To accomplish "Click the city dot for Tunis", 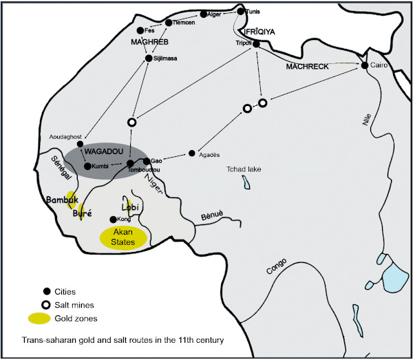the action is coord(241,11).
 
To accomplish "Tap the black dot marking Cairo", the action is coord(365,65).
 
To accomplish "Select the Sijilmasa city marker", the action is coord(149,59).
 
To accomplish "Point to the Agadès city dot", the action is coord(192,153).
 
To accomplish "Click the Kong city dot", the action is coord(113,220).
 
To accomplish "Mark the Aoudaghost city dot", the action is coord(80,144).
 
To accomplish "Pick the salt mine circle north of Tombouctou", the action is coord(131,123).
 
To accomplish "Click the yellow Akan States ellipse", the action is coord(123,237).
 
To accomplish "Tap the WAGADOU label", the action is coord(104,151).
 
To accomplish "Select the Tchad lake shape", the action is coord(246,182).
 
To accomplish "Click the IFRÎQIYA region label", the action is coord(260,32).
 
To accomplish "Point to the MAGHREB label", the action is coord(149,42).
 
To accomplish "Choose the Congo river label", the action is coord(276,266).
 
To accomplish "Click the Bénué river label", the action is coord(212,215).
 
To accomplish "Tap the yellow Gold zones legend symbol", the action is coord(39,319).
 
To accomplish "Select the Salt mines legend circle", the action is coord(46,305).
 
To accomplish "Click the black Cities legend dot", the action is coord(47,292).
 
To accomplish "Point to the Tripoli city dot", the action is coord(256,44).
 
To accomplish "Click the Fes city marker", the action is coord(140,30).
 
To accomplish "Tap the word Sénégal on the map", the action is coord(61,168).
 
